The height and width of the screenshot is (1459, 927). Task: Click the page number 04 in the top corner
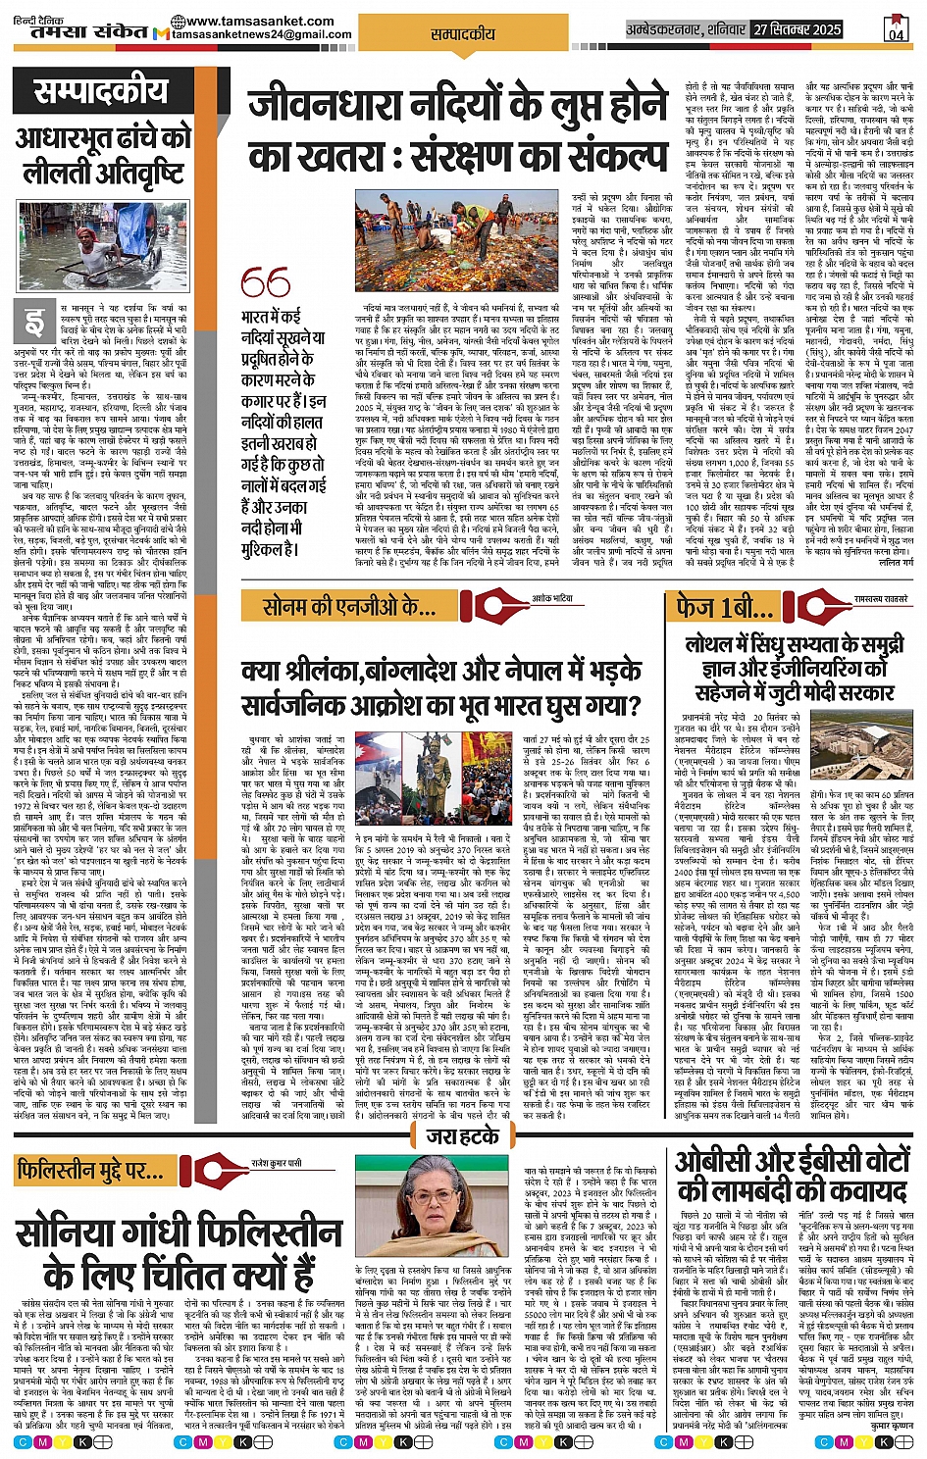pos(896,31)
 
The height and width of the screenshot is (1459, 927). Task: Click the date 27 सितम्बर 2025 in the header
pos(797,29)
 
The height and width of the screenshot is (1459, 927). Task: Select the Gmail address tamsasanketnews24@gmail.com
pos(261,34)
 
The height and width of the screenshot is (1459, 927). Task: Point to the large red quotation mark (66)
pos(265,283)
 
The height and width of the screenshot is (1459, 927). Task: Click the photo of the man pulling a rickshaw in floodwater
pos(103,245)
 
